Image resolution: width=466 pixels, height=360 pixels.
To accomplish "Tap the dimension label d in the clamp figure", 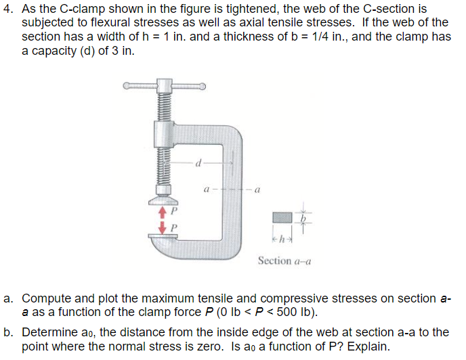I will point(198,163).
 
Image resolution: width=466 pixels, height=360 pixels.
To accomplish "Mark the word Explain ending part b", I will point(370,346).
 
